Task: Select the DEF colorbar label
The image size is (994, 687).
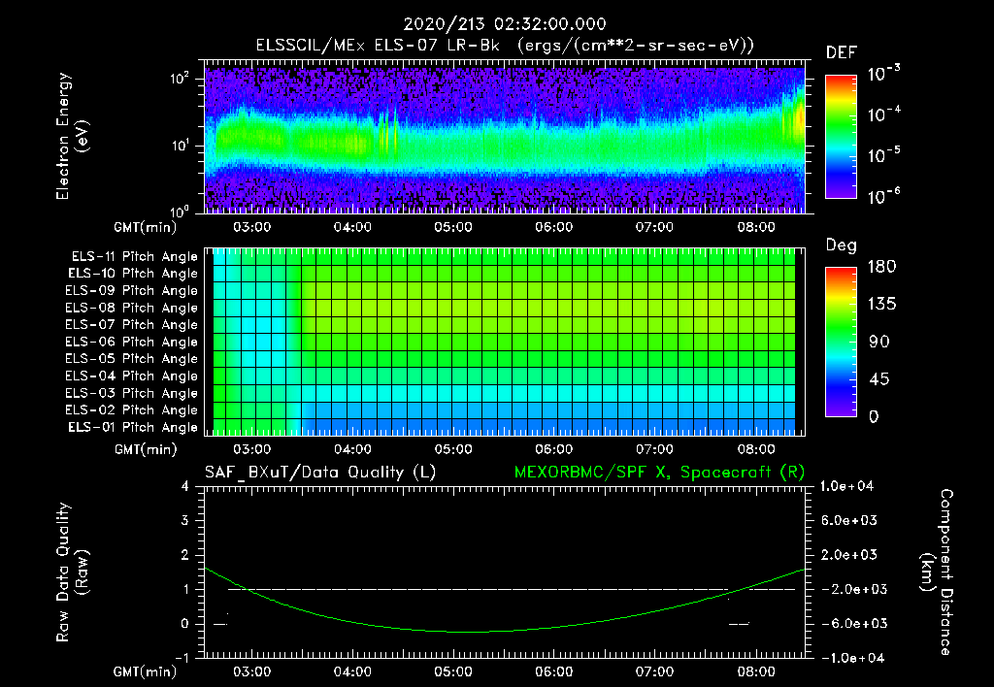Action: pyautogui.click(x=841, y=52)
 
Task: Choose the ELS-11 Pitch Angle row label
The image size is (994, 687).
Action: pyautogui.click(x=134, y=256)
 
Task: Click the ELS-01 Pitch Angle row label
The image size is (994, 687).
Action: pyautogui.click(x=134, y=427)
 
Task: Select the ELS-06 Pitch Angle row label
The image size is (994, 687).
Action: pyautogui.click(x=134, y=342)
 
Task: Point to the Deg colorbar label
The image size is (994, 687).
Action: pyautogui.click(x=841, y=245)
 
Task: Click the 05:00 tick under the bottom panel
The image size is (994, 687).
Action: pyautogui.click(x=453, y=671)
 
